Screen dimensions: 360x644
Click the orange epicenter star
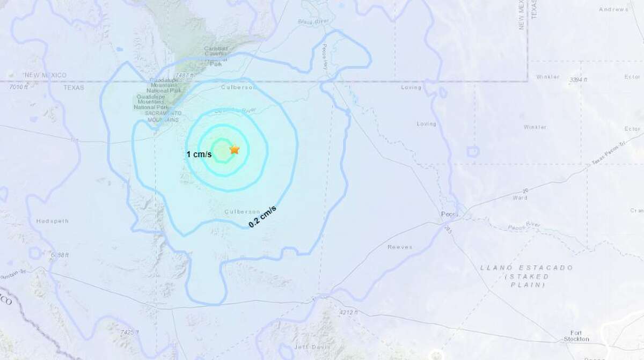(x=235, y=150)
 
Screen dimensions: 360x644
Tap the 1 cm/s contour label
(x=199, y=155)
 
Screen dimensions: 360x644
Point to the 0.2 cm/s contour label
(x=262, y=217)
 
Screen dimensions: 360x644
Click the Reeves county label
(x=399, y=247)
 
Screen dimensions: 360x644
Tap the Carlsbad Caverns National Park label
(x=216, y=56)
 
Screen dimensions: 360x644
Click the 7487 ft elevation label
(x=183, y=76)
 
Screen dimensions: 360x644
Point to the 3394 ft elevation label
(x=578, y=79)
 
